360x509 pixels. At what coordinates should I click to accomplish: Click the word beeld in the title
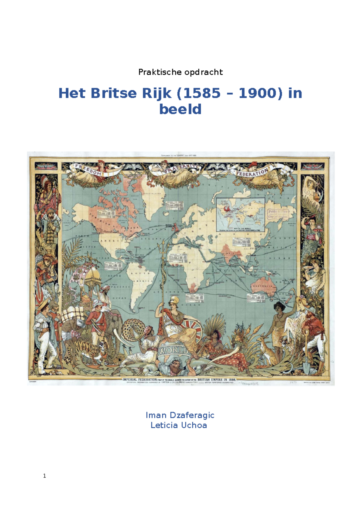click(180, 109)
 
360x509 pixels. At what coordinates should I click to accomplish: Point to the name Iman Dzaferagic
click(180, 415)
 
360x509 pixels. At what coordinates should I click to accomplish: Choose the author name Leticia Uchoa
click(179, 425)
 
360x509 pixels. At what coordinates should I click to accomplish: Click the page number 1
click(44, 476)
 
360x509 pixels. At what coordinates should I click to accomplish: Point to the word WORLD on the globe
click(173, 350)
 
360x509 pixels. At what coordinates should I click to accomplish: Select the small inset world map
click(241, 214)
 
